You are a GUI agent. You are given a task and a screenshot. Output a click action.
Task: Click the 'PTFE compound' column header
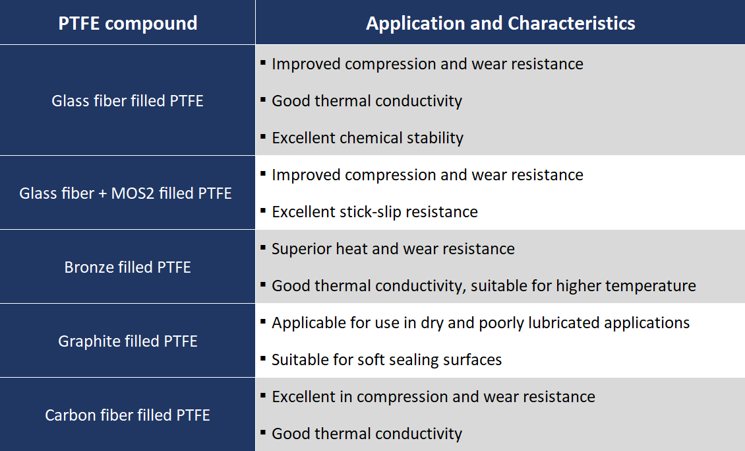127,23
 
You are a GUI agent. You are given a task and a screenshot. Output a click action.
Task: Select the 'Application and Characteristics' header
500,23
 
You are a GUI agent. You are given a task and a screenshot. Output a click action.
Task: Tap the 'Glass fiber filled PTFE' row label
127,101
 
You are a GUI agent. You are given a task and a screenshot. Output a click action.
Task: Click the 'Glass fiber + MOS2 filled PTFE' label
125,193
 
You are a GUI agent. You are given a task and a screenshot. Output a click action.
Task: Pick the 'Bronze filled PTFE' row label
127,267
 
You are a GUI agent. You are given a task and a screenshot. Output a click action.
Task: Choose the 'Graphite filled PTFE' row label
127,341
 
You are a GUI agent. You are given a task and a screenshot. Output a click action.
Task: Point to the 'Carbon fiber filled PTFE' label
127,415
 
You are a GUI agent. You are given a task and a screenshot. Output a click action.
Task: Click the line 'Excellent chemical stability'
367,138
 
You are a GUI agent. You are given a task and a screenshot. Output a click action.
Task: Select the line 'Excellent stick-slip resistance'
374,212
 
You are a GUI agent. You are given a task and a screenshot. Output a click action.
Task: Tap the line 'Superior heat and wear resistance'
393,249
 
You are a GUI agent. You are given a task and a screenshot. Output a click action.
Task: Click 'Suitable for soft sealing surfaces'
386,360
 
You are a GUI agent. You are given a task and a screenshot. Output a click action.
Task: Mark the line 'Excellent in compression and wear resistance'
433,397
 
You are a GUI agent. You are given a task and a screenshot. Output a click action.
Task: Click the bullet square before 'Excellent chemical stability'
263,137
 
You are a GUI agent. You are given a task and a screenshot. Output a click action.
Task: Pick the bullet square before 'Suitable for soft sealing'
263,359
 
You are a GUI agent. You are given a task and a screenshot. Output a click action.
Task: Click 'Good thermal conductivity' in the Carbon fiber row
367,434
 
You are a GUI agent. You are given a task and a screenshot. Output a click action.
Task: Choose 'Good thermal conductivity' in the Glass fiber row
367,101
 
